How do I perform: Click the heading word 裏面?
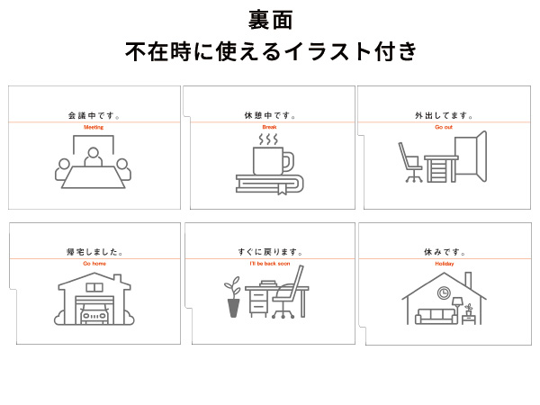coord(270,21)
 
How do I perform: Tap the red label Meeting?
coord(94,127)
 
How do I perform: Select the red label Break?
coord(269,127)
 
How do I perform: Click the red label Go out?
coord(444,127)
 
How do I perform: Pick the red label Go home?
coord(94,264)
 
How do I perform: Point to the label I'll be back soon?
coord(270,264)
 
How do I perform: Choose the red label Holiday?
coord(445,264)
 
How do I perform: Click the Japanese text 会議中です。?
coord(94,115)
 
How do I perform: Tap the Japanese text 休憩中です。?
coord(270,115)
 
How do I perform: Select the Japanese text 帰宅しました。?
coord(94,252)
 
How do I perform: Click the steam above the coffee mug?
coord(268,139)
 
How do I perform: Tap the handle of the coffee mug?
coord(288,163)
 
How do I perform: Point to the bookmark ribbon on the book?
coord(282,189)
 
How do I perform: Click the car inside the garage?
coord(94,314)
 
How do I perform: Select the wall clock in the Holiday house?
coord(444,292)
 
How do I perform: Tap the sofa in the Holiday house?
coord(436,316)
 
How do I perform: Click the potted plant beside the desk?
coord(233,296)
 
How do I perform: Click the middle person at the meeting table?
coord(94,157)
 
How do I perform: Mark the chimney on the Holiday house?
coord(468,280)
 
